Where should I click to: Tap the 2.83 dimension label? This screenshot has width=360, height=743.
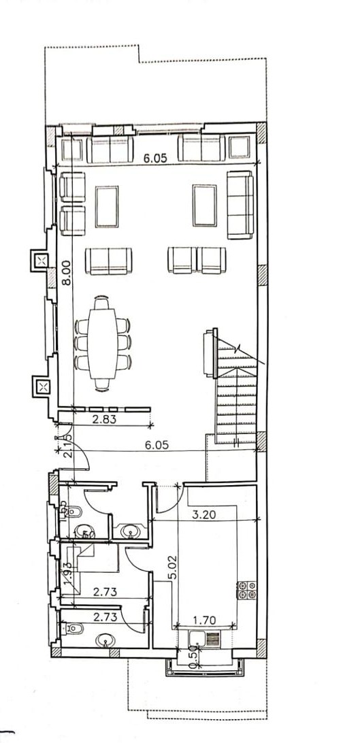[x=105, y=420]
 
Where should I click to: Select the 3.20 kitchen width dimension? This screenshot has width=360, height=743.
[x=203, y=514]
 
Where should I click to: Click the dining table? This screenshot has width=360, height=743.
[x=102, y=342]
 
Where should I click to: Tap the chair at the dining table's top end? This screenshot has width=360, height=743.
[x=101, y=303]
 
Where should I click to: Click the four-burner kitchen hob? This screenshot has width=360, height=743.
[x=246, y=589]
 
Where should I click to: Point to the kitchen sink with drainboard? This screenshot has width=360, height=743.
[x=204, y=640]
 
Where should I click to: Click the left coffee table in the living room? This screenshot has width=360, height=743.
[x=107, y=206]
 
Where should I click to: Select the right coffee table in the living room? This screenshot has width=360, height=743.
[x=204, y=205]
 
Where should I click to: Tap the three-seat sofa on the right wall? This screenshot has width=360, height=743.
[x=240, y=204]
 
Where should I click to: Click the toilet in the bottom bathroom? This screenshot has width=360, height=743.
[x=72, y=628]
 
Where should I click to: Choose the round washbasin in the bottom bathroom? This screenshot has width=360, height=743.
[x=104, y=640]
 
